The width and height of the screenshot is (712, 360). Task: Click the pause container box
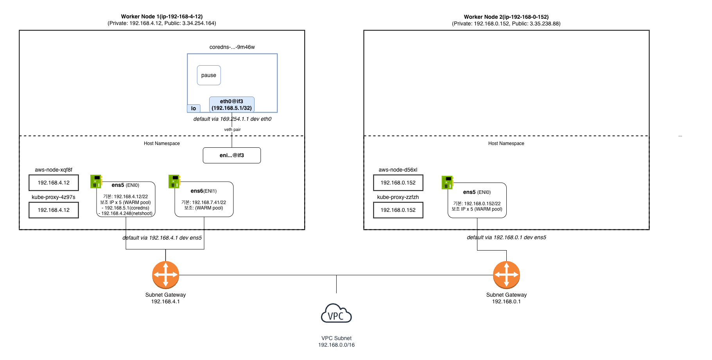[209, 75]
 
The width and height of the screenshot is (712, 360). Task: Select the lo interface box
[194, 108]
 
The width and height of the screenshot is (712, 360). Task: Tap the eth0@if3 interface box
[231, 104]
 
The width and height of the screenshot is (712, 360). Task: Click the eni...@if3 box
[231, 155]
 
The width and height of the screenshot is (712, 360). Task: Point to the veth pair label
[232, 129]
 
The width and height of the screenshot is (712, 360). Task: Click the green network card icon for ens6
[174, 181]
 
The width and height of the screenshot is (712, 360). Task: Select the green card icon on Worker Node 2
[447, 182]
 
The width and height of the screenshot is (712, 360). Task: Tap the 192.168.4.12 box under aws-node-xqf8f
[54, 183]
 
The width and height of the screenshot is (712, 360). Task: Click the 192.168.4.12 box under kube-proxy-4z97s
[54, 210]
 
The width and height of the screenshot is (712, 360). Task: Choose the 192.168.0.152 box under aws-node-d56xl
[398, 183]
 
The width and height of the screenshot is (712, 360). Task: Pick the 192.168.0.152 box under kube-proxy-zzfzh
[398, 210]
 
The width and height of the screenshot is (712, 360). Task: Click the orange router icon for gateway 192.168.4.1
[165, 275]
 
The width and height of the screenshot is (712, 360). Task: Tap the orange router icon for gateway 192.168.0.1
[506, 275]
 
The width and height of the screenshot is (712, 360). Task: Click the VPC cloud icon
[336, 313]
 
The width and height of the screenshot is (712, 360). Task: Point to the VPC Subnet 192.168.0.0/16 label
[336, 342]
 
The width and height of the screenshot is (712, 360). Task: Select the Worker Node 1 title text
[161, 17]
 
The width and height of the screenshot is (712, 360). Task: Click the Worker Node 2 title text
[506, 17]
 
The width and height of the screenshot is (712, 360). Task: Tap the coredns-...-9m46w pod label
[232, 47]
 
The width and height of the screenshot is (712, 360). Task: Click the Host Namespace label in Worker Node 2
[506, 143]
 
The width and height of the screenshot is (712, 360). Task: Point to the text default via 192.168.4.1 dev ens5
[162, 238]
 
